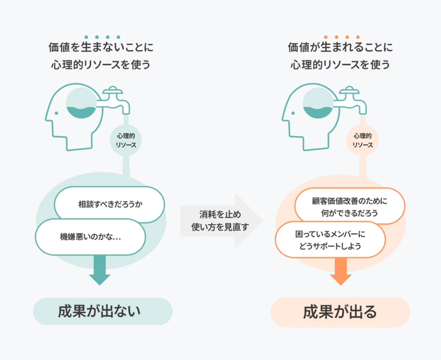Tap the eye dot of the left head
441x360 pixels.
pos(56,113)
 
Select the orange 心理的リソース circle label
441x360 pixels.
pos(363,140)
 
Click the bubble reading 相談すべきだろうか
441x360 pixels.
pos(110,204)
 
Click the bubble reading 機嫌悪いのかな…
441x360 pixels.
pos(90,237)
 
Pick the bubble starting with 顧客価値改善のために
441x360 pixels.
pos(349,206)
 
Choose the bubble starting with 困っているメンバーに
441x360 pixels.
pos(330,239)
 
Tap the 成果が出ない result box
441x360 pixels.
pos(102,311)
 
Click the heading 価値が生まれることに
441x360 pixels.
pos(340,47)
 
